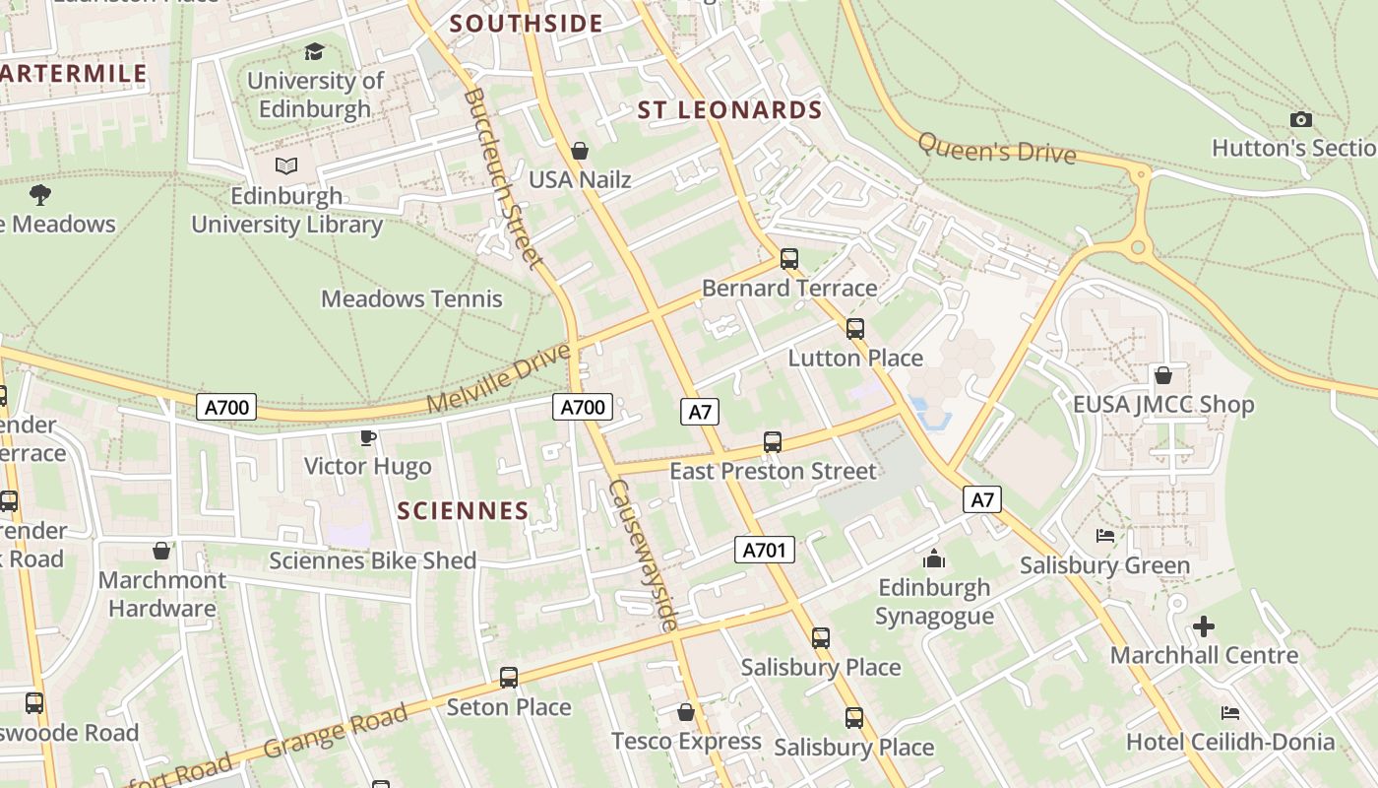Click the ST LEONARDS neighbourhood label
click(x=729, y=109)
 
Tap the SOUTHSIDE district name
click(x=527, y=24)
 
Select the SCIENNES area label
click(x=464, y=510)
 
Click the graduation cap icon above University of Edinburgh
click(x=314, y=51)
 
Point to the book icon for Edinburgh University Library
click(x=286, y=165)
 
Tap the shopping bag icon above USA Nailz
click(x=580, y=151)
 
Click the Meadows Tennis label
click(x=411, y=298)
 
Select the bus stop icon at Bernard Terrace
click(x=788, y=259)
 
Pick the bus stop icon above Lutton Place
click(x=854, y=329)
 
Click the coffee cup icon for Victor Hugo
click(x=367, y=437)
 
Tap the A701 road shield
click(x=764, y=550)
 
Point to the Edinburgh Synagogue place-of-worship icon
click(x=934, y=559)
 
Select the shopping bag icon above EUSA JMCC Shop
click(x=1162, y=375)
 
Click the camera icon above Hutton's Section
click(x=1300, y=119)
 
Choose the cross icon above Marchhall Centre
click(x=1203, y=626)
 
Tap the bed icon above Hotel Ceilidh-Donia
click(x=1229, y=712)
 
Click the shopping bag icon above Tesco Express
click(x=686, y=711)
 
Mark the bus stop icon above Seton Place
click(x=508, y=678)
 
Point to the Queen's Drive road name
click(x=996, y=149)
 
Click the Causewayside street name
click(x=643, y=556)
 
